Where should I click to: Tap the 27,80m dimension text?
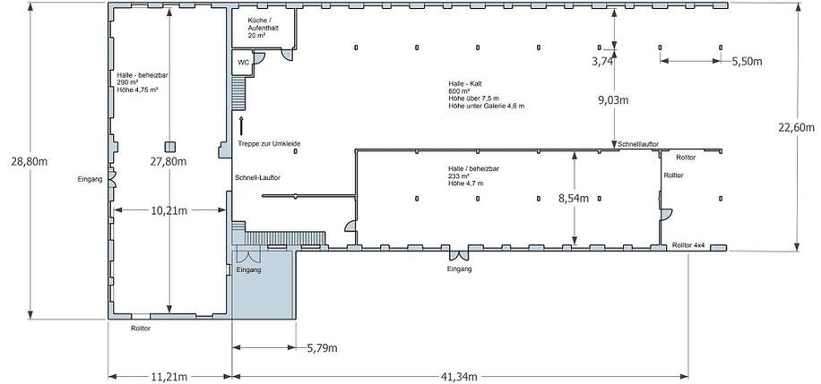tap(169, 162)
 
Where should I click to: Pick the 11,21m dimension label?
tap(169, 376)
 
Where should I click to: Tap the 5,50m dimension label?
tap(747, 62)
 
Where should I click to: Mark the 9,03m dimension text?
tap(615, 100)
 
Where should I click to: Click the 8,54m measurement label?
tap(575, 199)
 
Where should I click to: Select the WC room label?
tap(243, 63)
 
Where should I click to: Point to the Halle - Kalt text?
tap(466, 83)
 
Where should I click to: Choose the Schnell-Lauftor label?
tap(257, 177)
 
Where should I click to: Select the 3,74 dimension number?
tap(603, 62)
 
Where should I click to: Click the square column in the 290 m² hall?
tap(169, 146)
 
